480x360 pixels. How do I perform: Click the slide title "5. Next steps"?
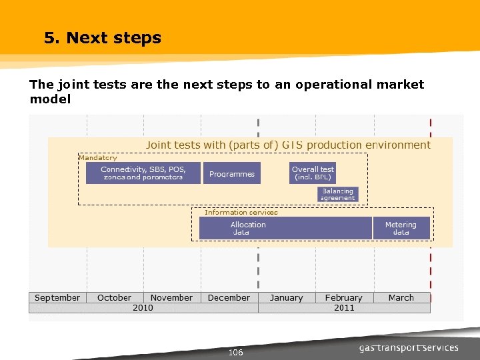(x=103, y=38)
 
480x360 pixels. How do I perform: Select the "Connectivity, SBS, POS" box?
(x=143, y=173)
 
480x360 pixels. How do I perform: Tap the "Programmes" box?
(x=232, y=174)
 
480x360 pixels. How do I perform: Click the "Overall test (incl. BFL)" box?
(x=313, y=173)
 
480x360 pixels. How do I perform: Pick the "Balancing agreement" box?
(x=338, y=194)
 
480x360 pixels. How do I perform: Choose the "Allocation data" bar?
(x=285, y=228)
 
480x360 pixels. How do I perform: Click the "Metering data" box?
(x=401, y=228)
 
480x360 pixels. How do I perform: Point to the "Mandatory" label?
(x=98, y=158)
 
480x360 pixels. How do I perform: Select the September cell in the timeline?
(x=57, y=298)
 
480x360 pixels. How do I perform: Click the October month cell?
(x=114, y=298)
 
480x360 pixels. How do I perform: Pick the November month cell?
(x=171, y=298)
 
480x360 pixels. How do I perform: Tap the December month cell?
(x=229, y=298)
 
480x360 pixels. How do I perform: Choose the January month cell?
(x=286, y=298)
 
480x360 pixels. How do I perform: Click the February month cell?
(x=343, y=298)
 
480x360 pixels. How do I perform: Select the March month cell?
(x=401, y=298)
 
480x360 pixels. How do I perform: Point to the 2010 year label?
(x=143, y=308)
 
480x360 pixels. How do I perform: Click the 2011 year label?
(x=344, y=308)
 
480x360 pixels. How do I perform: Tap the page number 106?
(x=235, y=353)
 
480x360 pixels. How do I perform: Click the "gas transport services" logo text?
(x=409, y=347)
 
